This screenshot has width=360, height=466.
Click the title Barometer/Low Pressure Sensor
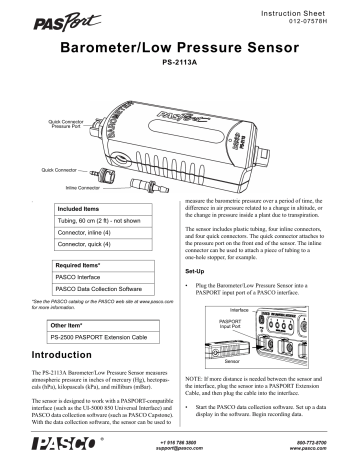(x=180, y=48)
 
